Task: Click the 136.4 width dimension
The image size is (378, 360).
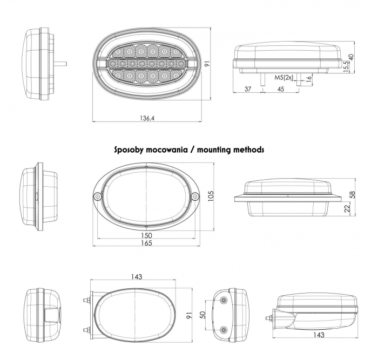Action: point(147,118)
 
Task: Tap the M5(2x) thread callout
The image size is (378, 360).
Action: point(283,78)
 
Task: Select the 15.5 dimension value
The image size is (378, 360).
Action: point(346,67)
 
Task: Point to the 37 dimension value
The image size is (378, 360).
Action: point(248,89)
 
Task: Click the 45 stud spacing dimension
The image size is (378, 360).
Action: point(281,89)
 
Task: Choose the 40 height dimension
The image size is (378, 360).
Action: point(351,57)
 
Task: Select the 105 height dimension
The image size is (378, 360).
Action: point(211,196)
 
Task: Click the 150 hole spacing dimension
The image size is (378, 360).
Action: point(146,235)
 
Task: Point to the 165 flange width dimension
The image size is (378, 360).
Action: point(146,243)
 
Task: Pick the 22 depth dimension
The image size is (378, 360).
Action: point(347,209)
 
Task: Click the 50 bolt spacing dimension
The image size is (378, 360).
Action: point(203,315)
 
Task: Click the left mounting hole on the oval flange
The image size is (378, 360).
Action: point(97,197)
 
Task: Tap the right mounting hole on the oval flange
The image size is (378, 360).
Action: point(195,197)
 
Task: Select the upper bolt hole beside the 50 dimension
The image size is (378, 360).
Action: point(224,300)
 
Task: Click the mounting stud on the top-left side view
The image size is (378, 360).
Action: point(60,64)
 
